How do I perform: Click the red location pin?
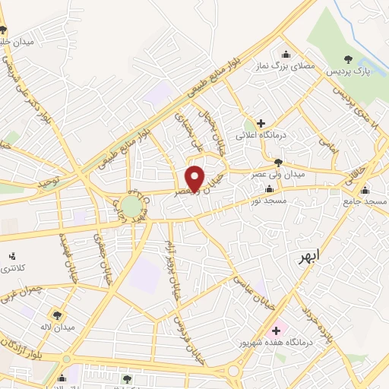[x=195, y=177]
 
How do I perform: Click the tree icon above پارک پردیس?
[x=349, y=59]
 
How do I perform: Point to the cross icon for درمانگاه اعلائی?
[x=261, y=123]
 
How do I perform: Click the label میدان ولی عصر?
[x=278, y=174]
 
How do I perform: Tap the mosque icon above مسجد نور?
[x=268, y=189]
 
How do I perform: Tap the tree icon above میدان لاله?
[x=57, y=314]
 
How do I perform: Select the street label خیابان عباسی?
[x=253, y=289]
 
